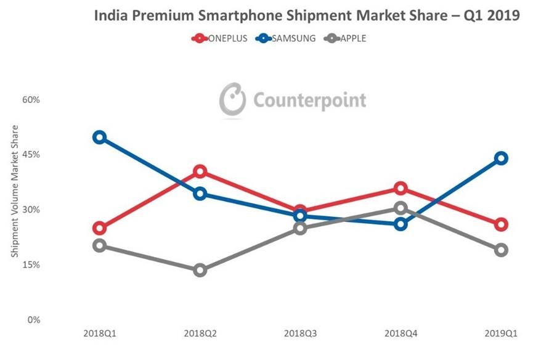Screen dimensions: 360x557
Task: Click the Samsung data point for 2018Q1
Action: pyautogui.click(x=99, y=137)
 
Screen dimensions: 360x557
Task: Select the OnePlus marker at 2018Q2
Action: pyautogui.click(x=200, y=171)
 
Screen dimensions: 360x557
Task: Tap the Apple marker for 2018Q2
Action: pyautogui.click(x=200, y=270)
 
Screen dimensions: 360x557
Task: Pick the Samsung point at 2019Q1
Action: pyautogui.click(x=501, y=158)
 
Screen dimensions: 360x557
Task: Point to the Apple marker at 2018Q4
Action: pyautogui.click(x=400, y=208)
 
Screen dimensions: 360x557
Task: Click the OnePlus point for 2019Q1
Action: pyautogui.click(x=501, y=224)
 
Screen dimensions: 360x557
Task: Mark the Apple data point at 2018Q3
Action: pyautogui.click(x=300, y=228)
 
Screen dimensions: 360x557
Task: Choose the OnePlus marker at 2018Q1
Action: pyautogui.click(x=99, y=229)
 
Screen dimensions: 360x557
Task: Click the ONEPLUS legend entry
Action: pyautogui.click(x=220, y=38)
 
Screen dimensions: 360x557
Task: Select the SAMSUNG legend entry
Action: pyautogui.click(x=287, y=38)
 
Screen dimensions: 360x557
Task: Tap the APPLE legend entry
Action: pyautogui.click(x=346, y=38)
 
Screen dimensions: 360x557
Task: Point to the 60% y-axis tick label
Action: pyautogui.click(x=32, y=99)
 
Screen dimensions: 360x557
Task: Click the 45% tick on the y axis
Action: pyautogui.click(x=32, y=155)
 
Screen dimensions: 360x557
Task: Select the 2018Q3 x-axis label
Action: pyautogui.click(x=300, y=333)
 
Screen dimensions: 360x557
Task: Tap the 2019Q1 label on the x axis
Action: pyautogui.click(x=501, y=333)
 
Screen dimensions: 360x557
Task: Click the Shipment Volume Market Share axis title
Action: pyautogui.click(x=15, y=190)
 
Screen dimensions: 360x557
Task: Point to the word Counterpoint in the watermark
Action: pyautogui.click(x=308, y=100)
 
